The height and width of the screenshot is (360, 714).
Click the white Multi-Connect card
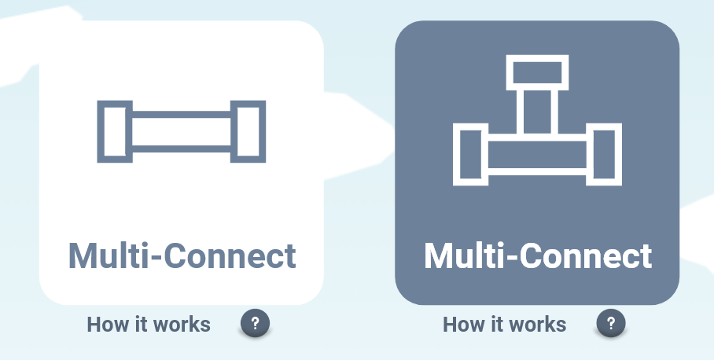click(181, 163)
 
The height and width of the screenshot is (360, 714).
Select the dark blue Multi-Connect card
click(537, 163)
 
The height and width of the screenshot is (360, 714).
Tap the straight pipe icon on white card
click(181, 131)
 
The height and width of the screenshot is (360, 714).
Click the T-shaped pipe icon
click(537, 120)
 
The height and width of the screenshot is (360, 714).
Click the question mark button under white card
click(255, 323)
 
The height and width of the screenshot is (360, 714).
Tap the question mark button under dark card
click(611, 323)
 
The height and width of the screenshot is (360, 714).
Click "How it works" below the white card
click(149, 325)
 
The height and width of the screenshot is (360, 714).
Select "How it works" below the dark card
click(505, 325)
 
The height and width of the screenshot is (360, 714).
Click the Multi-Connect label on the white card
click(182, 255)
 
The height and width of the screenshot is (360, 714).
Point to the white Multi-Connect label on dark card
click(538, 255)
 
